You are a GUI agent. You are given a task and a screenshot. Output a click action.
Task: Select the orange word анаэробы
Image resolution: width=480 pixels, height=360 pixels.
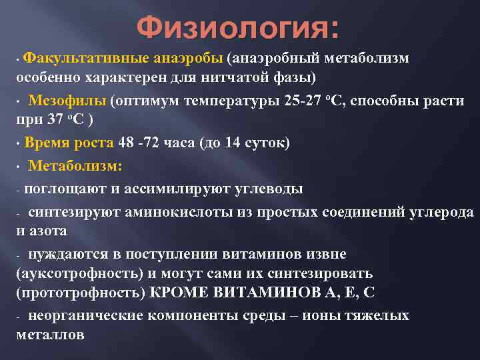click(x=189, y=59)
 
